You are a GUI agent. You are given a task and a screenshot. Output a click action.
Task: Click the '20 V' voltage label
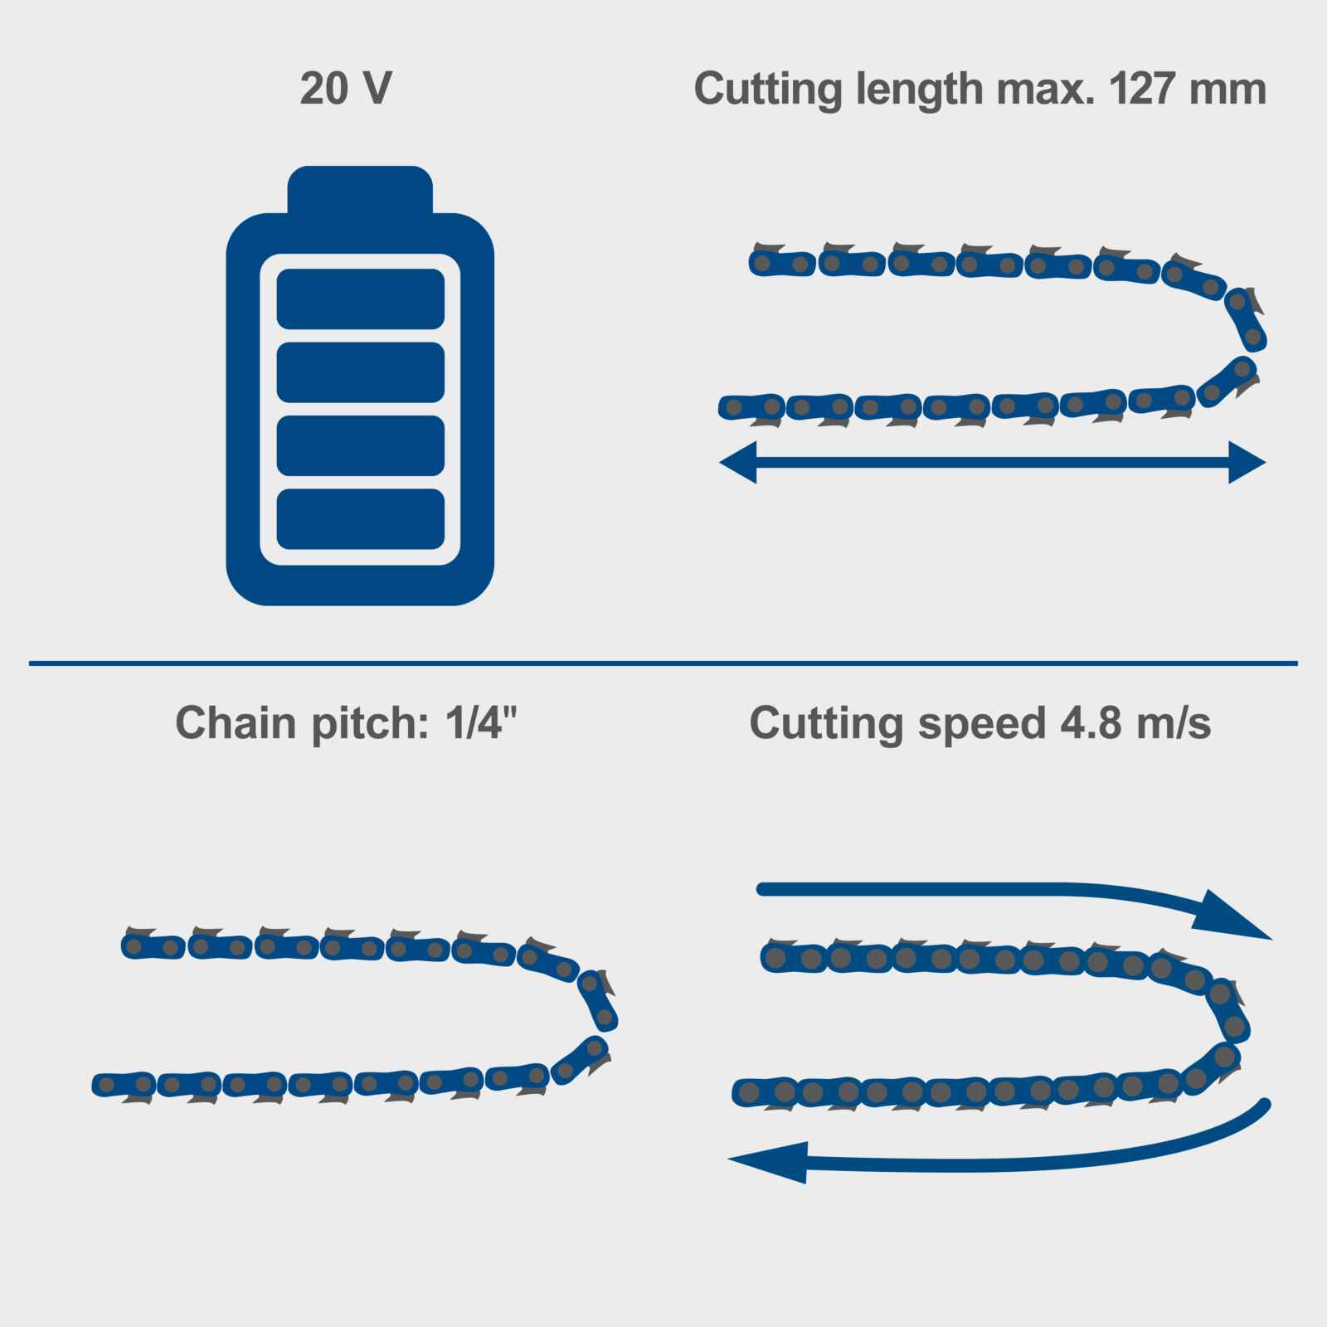pos(346,88)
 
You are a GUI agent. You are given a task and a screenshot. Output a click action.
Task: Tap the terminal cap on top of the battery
pos(360,190)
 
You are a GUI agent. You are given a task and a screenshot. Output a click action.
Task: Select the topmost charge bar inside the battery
pos(361,299)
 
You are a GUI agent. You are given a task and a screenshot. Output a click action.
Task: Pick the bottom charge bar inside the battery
pos(361,519)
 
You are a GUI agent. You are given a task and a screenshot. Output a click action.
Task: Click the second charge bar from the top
pos(361,372)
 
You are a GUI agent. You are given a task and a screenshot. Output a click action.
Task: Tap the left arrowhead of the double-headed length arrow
pos(737,462)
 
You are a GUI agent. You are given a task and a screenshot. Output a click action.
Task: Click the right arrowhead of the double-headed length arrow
pos(1247,462)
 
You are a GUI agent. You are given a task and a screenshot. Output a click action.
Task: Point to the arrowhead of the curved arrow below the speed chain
pos(768,1162)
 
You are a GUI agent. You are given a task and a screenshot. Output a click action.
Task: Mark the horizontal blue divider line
pos(663,663)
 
